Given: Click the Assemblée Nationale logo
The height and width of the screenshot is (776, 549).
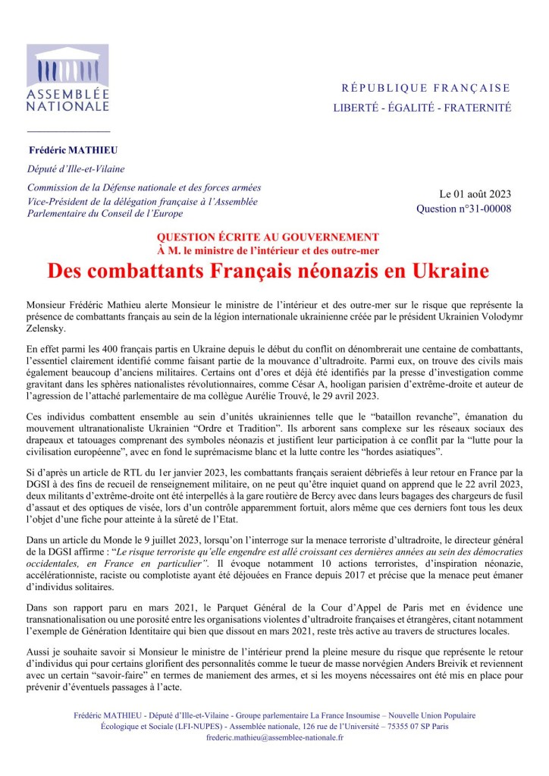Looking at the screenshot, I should click(x=68, y=79).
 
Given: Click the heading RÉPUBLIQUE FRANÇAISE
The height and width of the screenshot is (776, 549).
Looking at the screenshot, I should click(x=425, y=88).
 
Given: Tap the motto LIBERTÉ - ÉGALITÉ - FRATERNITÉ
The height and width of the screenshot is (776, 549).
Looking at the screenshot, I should click(x=422, y=108).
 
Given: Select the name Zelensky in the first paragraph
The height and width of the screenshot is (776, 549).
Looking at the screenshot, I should click(x=45, y=329).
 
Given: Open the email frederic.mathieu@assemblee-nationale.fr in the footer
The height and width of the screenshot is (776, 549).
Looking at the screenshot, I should click(x=274, y=737).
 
